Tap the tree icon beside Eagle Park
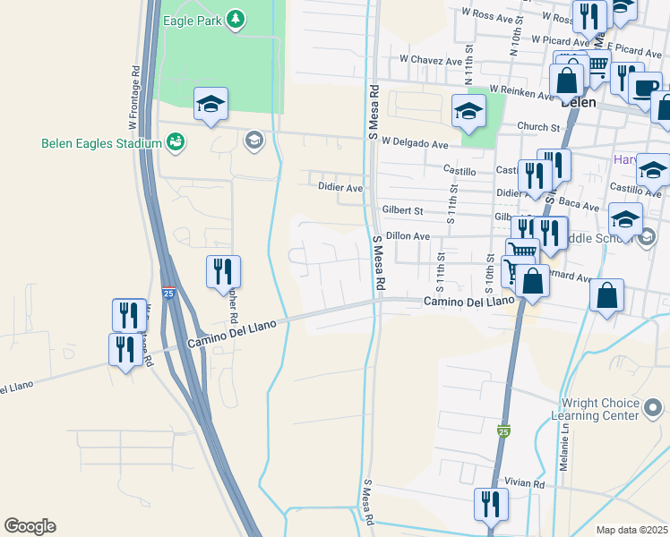[235, 19]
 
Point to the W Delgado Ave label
[414, 143]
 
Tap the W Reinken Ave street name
[522, 93]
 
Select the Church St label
[537, 127]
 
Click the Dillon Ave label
[409, 235]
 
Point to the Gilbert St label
[402, 210]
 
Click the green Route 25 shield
[504, 431]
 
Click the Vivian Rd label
[523, 483]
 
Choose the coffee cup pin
[645, 87]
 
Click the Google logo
[30, 526]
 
